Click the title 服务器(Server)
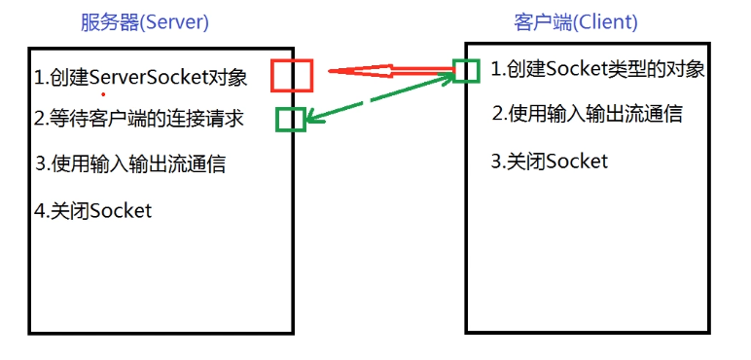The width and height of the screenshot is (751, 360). pos(146,21)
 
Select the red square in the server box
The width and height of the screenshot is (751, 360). pos(292,76)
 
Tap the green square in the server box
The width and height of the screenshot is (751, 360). pos(290,119)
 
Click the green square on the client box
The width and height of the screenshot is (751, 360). pos(467,69)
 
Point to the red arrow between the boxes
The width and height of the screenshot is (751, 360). pos(389,71)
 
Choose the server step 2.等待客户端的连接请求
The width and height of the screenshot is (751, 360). pos(138,119)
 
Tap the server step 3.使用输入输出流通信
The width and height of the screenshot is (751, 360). pos(130,163)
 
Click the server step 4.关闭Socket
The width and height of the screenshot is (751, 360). pos(93,210)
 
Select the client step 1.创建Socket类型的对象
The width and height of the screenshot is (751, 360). pos(597,69)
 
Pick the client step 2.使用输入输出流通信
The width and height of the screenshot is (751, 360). pos(587,114)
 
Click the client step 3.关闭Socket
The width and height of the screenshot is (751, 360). pos(550,161)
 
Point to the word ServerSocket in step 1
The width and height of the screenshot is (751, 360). pos(146,76)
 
